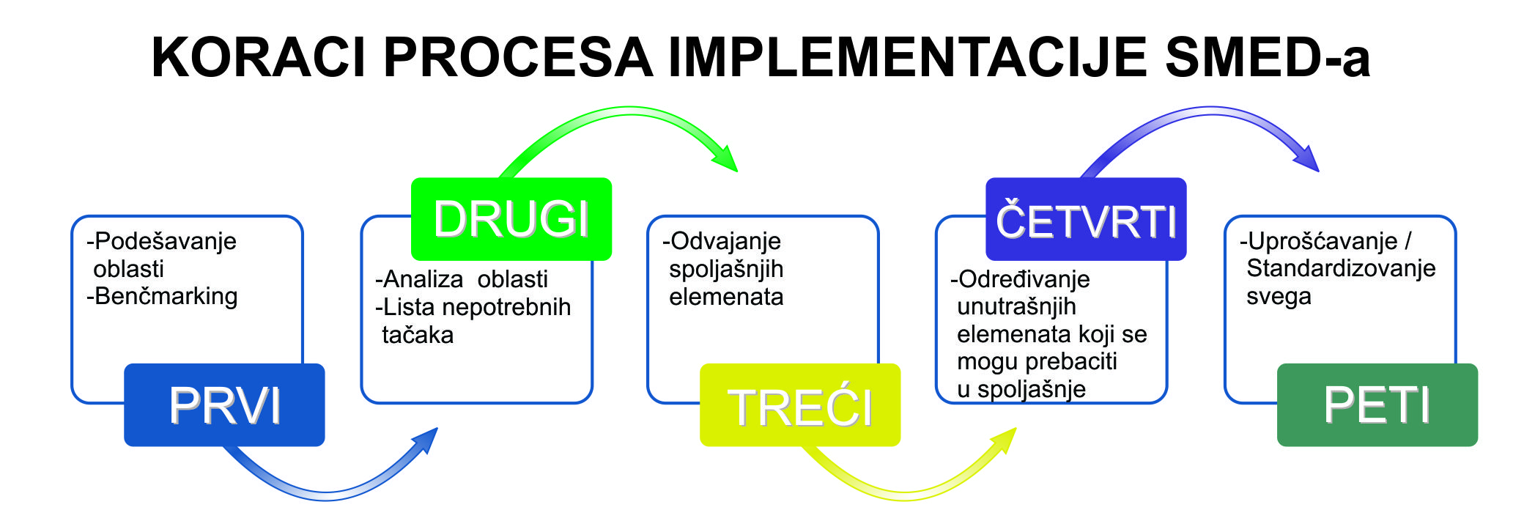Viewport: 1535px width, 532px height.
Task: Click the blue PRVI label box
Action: [x=224, y=404]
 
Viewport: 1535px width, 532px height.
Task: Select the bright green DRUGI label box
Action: [x=511, y=218]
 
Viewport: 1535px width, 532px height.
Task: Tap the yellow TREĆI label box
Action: [x=800, y=404]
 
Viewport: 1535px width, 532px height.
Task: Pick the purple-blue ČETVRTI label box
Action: [x=1086, y=218]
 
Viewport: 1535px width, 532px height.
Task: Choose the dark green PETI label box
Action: [x=1377, y=404]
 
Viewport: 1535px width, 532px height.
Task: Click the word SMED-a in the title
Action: [x=1268, y=57]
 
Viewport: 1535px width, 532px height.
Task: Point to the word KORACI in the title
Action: [x=258, y=57]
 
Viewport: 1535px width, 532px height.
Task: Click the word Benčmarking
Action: [x=166, y=296]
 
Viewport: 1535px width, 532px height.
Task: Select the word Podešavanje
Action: [x=166, y=241]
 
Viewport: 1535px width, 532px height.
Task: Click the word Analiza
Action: [x=423, y=279]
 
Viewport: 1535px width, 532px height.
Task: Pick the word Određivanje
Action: [x=1024, y=279]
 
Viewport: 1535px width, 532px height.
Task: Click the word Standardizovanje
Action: [x=1341, y=268]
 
